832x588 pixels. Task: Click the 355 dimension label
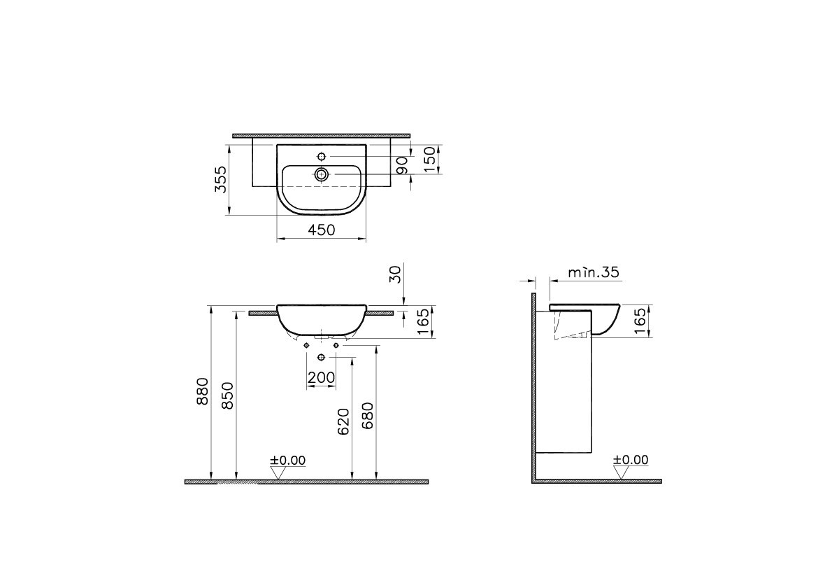(220, 179)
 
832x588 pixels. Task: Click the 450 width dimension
(322, 230)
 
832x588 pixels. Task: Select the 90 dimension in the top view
(402, 165)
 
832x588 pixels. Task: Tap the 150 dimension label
(430, 160)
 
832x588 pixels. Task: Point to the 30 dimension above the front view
(395, 274)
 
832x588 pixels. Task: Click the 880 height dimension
(202, 391)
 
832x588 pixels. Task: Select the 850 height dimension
(227, 395)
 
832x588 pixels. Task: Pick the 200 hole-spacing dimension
(322, 378)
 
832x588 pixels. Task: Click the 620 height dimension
(343, 421)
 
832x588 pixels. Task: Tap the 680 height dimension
(368, 415)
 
